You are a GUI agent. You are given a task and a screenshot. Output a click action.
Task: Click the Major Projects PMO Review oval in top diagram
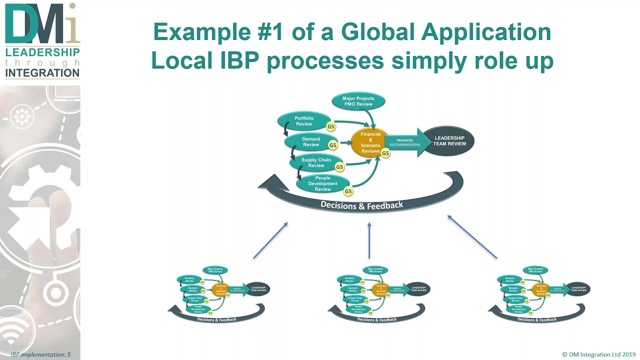point(358,101)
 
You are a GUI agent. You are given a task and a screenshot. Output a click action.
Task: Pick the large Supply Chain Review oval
point(316,162)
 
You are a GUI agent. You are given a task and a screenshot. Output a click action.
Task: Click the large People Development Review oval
point(322,183)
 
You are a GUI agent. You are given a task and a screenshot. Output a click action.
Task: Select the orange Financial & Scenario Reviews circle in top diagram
point(370,142)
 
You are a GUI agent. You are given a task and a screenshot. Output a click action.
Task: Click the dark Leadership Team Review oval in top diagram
point(449,141)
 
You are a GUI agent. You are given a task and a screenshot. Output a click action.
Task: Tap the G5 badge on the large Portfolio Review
point(330,127)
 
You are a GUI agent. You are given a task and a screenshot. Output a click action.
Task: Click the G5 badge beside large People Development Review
point(348,191)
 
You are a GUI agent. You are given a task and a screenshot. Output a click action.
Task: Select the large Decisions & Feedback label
point(361,205)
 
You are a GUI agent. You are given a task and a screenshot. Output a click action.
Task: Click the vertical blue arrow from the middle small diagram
point(369,240)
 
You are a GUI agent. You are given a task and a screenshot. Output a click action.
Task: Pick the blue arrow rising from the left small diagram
point(270,240)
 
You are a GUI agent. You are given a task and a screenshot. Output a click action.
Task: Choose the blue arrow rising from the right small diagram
point(472,237)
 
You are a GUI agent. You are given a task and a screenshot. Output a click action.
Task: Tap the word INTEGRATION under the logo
point(42,73)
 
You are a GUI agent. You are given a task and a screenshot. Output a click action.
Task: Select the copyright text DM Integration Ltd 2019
point(598,354)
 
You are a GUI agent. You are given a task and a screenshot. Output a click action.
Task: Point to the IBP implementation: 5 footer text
point(40,354)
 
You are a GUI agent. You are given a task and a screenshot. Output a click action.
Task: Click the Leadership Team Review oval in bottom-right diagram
point(578,288)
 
